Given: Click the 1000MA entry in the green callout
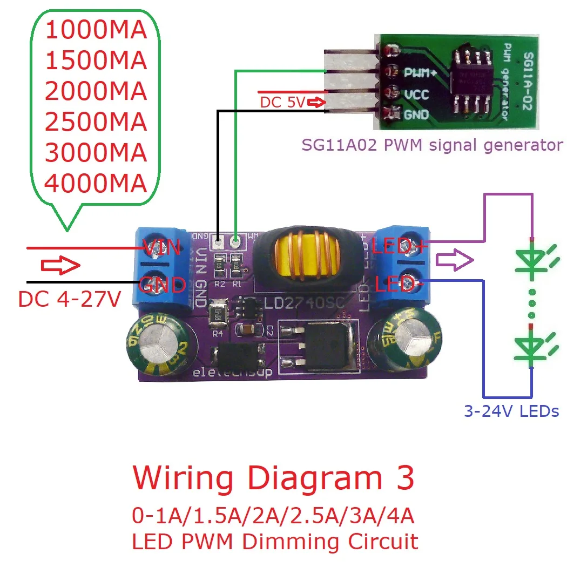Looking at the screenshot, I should point(96,31).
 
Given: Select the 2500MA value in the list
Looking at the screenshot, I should point(96,123).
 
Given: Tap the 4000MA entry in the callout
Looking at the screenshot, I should point(96,184).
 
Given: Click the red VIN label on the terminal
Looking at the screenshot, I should point(161,249).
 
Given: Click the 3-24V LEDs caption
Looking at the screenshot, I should point(511,411).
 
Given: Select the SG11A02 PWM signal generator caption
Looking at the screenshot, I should point(432,145).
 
